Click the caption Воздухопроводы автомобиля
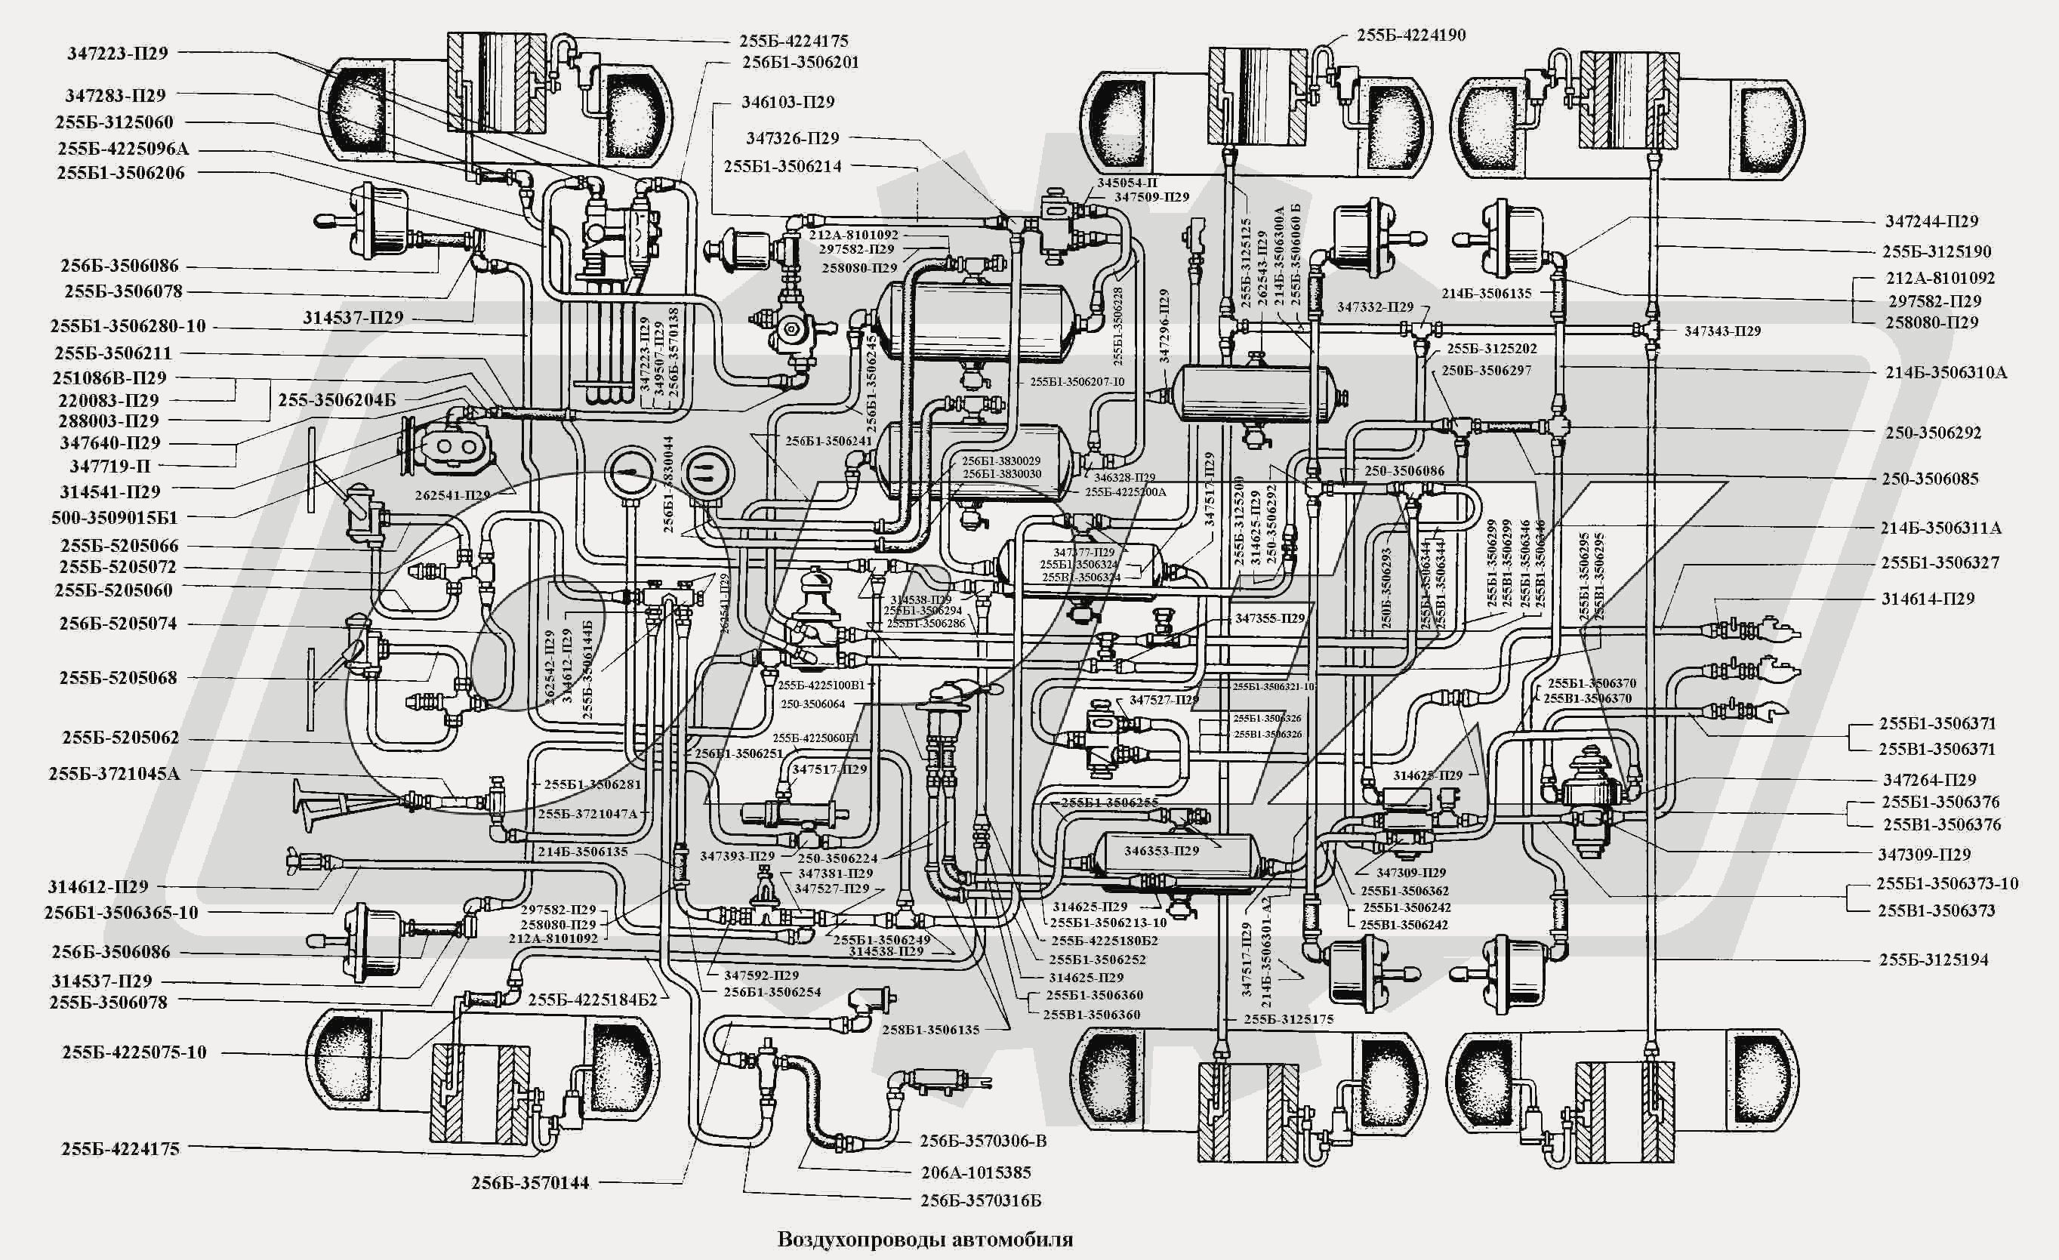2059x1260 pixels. click(925, 1238)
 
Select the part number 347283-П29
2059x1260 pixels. click(116, 95)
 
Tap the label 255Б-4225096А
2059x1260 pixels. click(123, 149)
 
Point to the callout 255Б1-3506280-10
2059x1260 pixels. click(128, 326)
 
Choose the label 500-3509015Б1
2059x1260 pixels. click(115, 517)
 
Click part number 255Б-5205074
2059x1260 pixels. click(118, 624)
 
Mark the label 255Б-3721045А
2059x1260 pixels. click(114, 774)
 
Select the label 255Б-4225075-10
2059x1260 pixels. click(134, 1052)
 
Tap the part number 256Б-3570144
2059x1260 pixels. click(530, 1182)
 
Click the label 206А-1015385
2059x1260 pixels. click(976, 1172)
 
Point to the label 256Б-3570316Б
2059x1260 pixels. click(981, 1200)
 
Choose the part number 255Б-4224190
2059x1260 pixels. click(1411, 35)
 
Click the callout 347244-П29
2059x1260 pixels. click(1932, 221)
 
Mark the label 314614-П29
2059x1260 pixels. click(1928, 598)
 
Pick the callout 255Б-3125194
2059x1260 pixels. click(1934, 960)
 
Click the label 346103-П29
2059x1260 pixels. click(788, 102)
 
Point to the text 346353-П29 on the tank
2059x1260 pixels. click(1161, 851)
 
